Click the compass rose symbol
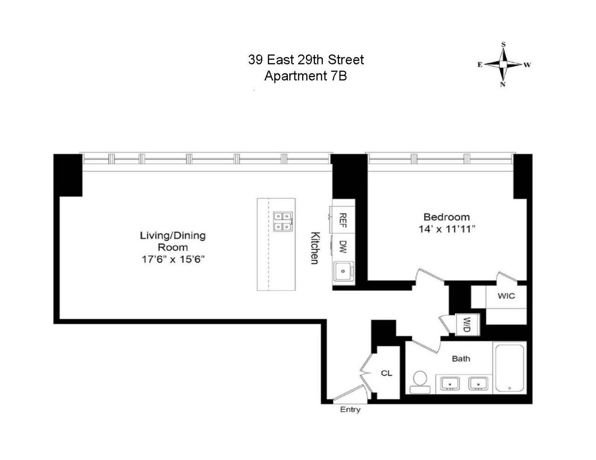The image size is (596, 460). pyautogui.click(x=503, y=64)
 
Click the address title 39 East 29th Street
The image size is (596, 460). pyautogui.click(x=306, y=60)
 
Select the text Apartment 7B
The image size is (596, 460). pyautogui.click(x=305, y=76)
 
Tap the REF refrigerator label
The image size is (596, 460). pyautogui.click(x=343, y=221)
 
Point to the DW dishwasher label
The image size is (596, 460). pyautogui.click(x=343, y=247)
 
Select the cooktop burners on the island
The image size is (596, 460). pyautogui.click(x=283, y=221)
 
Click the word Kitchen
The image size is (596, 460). pyautogui.click(x=315, y=247)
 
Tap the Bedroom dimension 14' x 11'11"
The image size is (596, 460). pyautogui.click(x=446, y=229)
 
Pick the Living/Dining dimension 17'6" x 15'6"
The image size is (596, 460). pyautogui.click(x=173, y=259)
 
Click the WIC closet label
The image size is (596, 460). pyautogui.click(x=506, y=296)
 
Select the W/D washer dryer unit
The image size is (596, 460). pyautogui.click(x=467, y=325)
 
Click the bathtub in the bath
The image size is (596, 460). pyautogui.click(x=509, y=367)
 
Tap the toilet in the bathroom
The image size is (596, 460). pyautogui.click(x=420, y=382)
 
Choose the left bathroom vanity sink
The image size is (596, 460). pyautogui.click(x=450, y=383)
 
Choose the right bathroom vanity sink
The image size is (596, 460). pyautogui.click(x=479, y=383)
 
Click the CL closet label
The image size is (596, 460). pyautogui.click(x=386, y=373)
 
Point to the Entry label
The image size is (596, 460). pyautogui.click(x=350, y=409)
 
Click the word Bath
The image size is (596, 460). pyautogui.click(x=461, y=358)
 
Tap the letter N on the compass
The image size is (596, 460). pyautogui.click(x=503, y=84)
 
